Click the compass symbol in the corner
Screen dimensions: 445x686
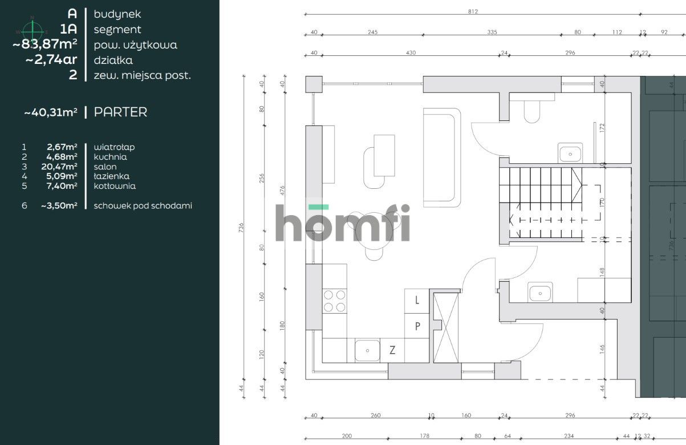pos(33,29)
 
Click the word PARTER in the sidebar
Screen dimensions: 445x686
pos(120,112)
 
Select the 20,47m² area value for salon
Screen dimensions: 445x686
pos(62,167)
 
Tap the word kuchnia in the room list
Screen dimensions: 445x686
pos(110,157)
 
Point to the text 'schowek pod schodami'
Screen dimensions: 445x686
pos(143,205)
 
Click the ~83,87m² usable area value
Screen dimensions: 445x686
pos(45,44)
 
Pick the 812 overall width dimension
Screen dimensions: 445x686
pos(473,11)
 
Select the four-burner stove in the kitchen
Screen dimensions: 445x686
pos(335,301)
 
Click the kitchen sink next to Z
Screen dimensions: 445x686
pos(368,350)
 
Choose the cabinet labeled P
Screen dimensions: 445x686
pos(417,326)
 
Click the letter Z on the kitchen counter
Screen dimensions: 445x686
pos(392,350)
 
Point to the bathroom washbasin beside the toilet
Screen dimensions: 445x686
pos(569,153)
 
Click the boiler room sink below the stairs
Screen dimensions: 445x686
pos(539,293)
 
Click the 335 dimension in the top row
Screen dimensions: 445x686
pos(492,33)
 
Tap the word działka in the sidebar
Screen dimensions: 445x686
pos(113,60)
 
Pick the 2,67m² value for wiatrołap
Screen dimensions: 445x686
pos(62,147)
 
